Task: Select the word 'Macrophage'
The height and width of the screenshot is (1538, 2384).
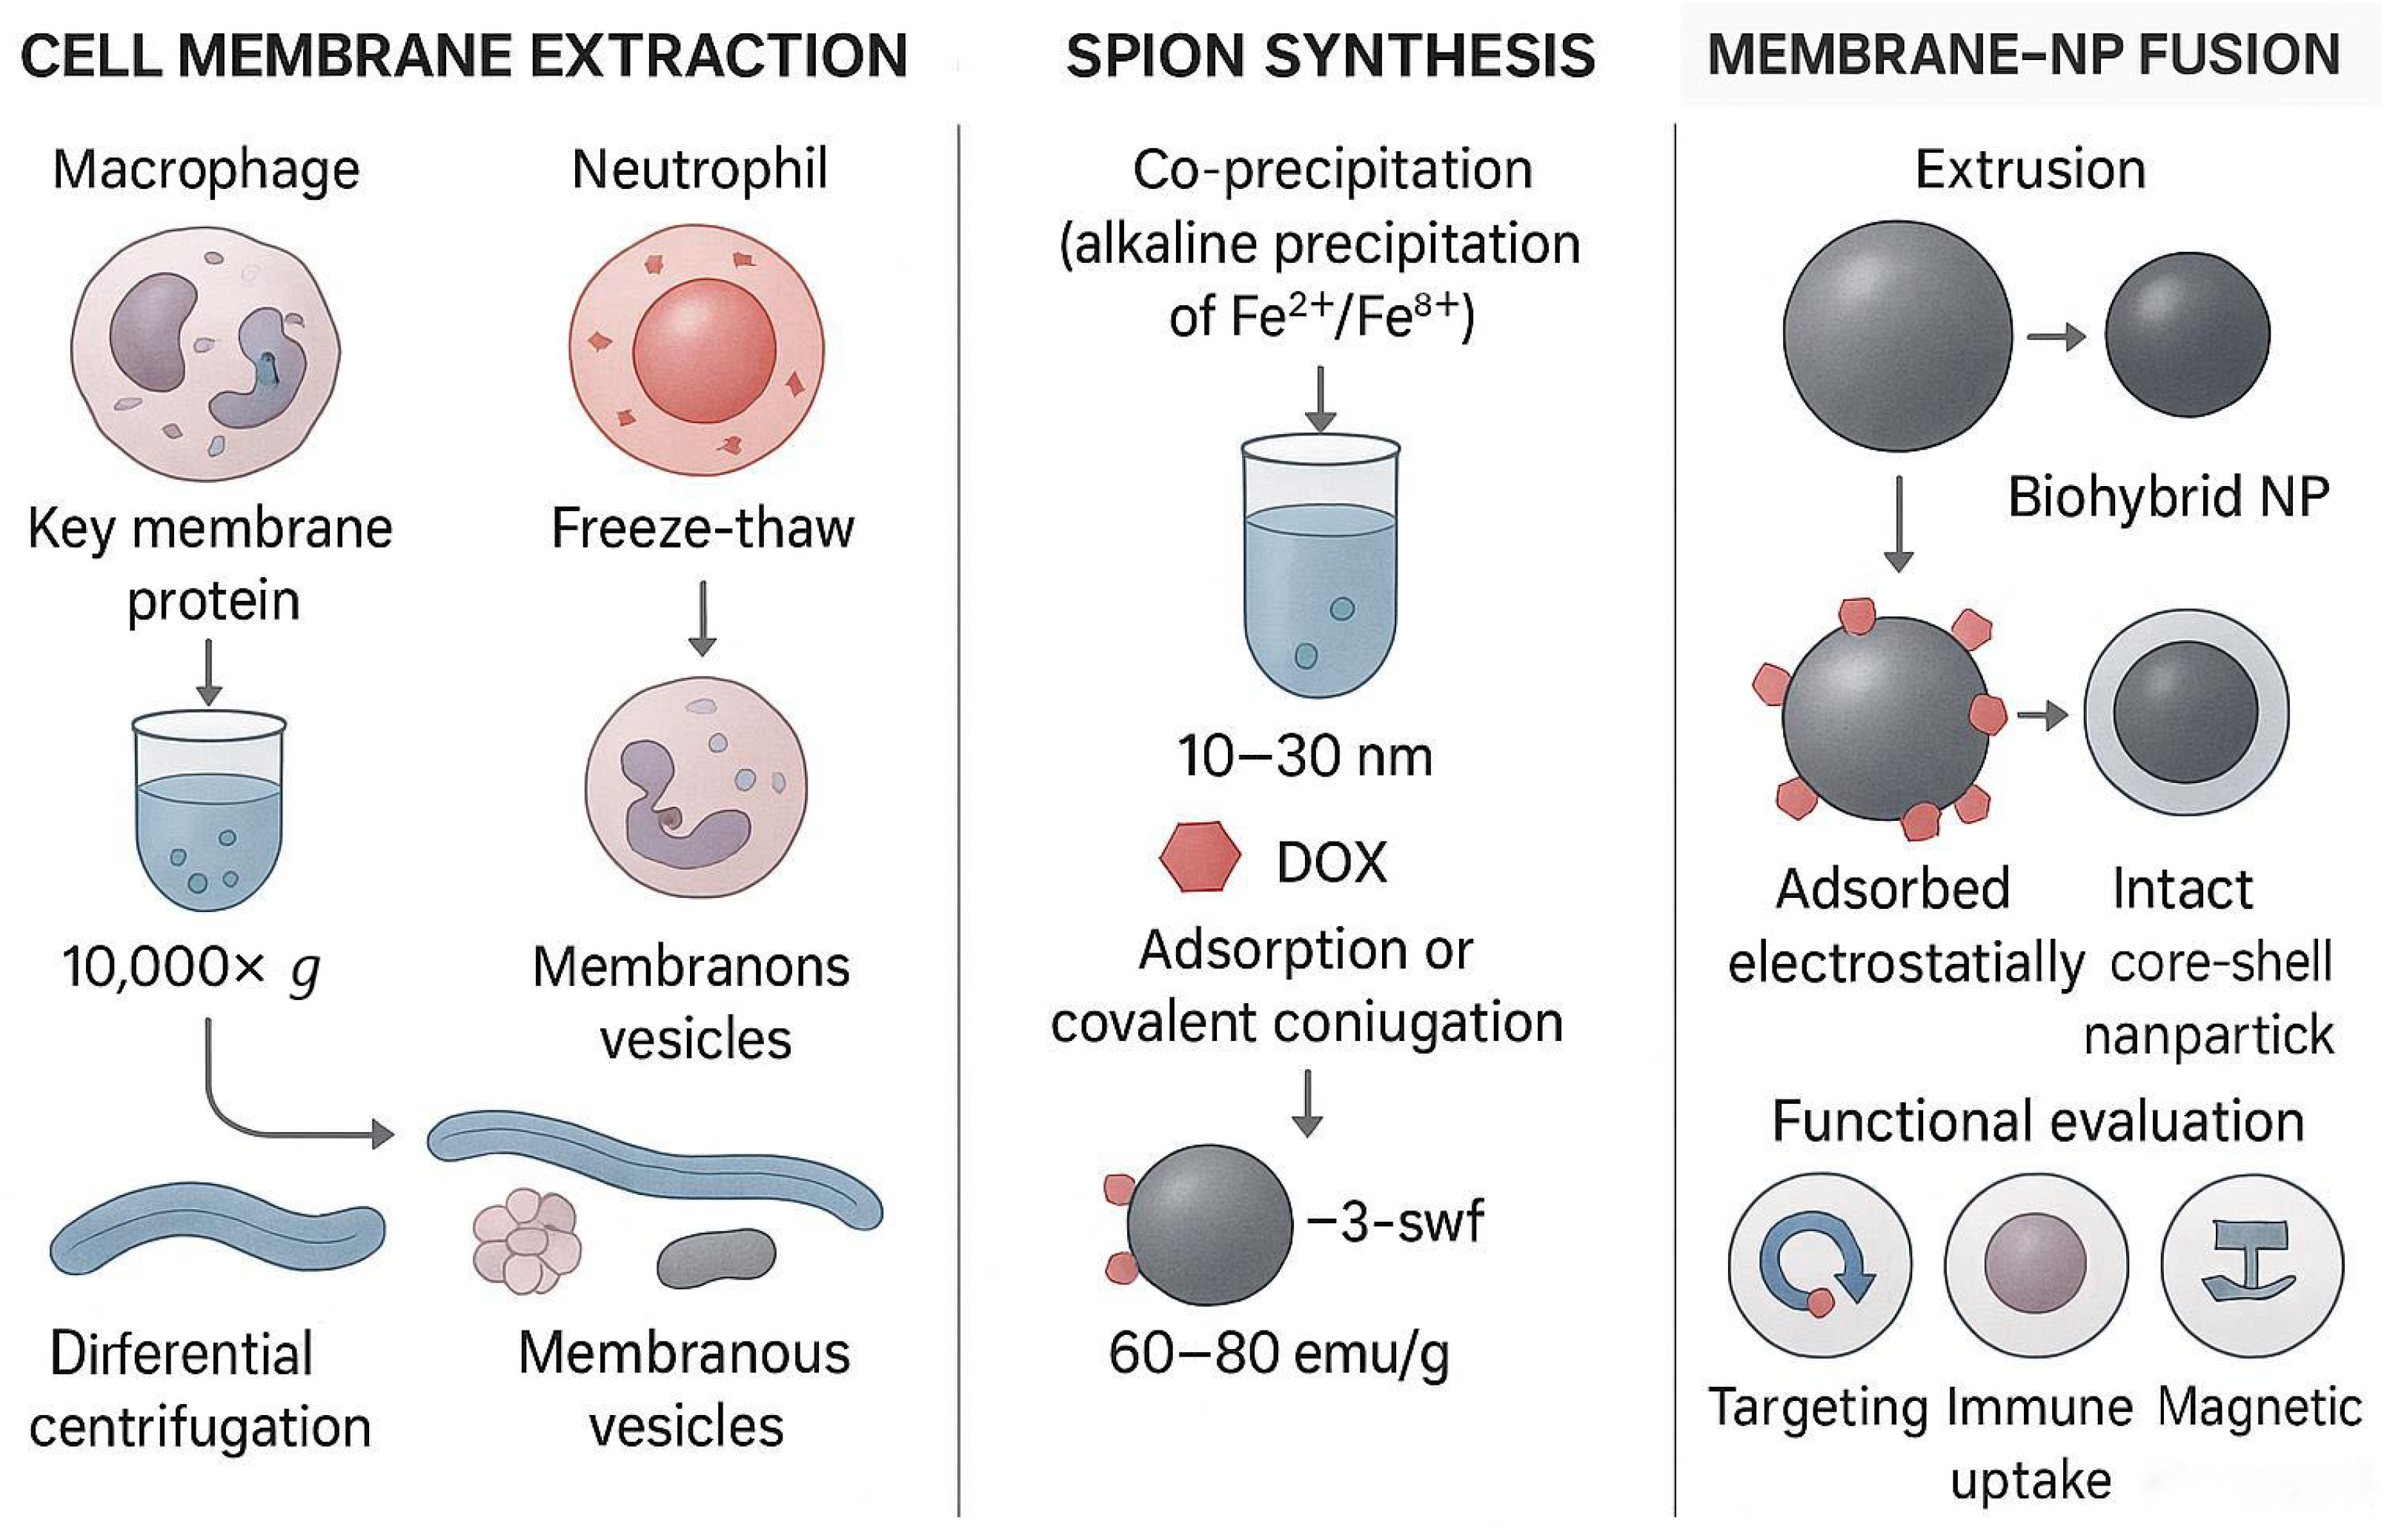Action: point(206,169)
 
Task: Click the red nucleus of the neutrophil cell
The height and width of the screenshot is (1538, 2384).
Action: point(704,350)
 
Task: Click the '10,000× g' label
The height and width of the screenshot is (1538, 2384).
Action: point(190,967)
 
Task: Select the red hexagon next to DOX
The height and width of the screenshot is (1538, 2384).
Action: point(1200,857)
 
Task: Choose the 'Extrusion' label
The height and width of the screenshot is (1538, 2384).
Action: point(2030,169)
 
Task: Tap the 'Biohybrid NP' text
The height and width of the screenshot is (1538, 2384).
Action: point(2168,496)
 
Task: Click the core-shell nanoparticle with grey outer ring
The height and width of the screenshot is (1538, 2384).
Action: point(2185,712)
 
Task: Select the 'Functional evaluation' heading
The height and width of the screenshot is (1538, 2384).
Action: point(2037,1121)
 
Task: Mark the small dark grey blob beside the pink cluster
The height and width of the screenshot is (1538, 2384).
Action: point(716,1257)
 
